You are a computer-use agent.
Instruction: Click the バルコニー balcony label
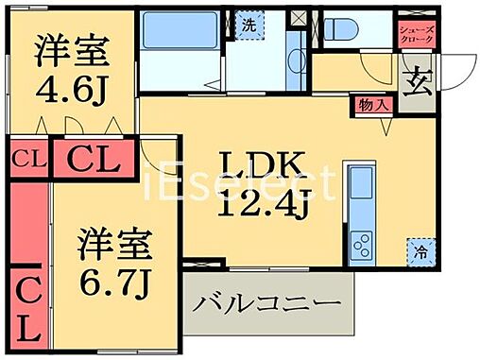[x=267, y=306]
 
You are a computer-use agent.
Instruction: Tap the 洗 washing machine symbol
[x=246, y=25]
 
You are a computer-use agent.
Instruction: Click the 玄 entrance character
[x=415, y=83]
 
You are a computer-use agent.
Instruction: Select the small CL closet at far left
[x=26, y=158]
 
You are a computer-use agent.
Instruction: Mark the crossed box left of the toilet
[x=300, y=17]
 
